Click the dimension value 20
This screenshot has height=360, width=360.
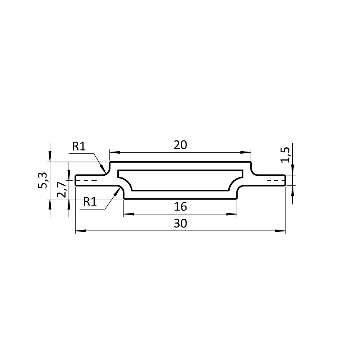pyautogui.click(x=180, y=145)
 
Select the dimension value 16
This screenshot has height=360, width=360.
pyautogui.click(x=180, y=207)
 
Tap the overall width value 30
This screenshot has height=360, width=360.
pyautogui.click(x=180, y=224)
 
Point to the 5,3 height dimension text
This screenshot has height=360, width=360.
pyautogui.click(x=43, y=180)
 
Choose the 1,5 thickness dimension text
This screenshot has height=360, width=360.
pyautogui.click(x=286, y=155)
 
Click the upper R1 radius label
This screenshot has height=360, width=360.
pyautogui.click(x=79, y=146)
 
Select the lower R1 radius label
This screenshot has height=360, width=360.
pyautogui.click(x=90, y=202)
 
